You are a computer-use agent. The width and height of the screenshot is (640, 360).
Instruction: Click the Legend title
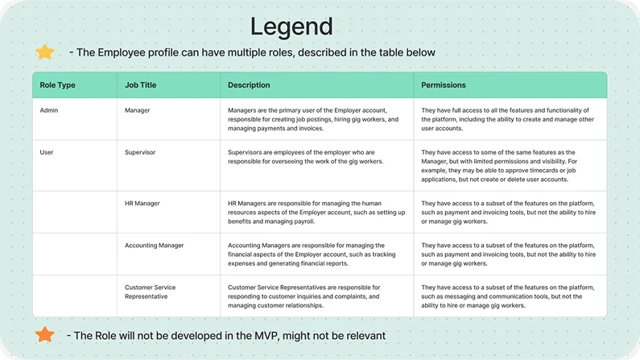click(x=291, y=27)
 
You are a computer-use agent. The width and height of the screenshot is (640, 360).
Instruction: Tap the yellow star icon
click(x=45, y=52)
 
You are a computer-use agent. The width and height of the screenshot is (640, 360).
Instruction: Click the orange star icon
click(x=45, y=334)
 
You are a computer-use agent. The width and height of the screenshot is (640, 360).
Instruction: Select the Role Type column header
click(x=57, y=85)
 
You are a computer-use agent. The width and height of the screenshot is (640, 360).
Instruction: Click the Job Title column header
click(x=140, y=85)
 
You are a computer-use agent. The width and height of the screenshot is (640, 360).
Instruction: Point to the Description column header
click(x=249, y=85)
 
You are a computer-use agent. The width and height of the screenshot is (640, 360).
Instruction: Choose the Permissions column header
click(x=444, y=85)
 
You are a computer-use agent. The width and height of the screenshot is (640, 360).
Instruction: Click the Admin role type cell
click(x=49, y=110)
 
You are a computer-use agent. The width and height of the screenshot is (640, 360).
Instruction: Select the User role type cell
click(x=47, y=152)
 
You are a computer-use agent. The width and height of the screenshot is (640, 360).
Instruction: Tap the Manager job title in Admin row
click(x=138, y=110)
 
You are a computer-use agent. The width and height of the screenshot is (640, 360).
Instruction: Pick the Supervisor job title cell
click(x=140, y=152)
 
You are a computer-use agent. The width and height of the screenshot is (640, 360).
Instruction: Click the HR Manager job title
click(x=142, y=203)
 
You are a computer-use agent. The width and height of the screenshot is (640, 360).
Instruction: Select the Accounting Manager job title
click(x=155, y=246)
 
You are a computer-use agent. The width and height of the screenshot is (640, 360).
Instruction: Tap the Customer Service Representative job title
click(x=151, y=292)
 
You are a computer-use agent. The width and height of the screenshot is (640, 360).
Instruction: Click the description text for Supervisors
click(x=305, y=157)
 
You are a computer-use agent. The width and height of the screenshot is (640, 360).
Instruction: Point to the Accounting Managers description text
click(x=312, y=254)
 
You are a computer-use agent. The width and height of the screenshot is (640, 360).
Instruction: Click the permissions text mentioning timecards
click(x=499, y=166)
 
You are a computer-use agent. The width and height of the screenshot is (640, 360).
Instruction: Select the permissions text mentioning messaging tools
click(x=508, y=296)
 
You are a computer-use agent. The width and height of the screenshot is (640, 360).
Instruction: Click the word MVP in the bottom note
click(x=266, y=336)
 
